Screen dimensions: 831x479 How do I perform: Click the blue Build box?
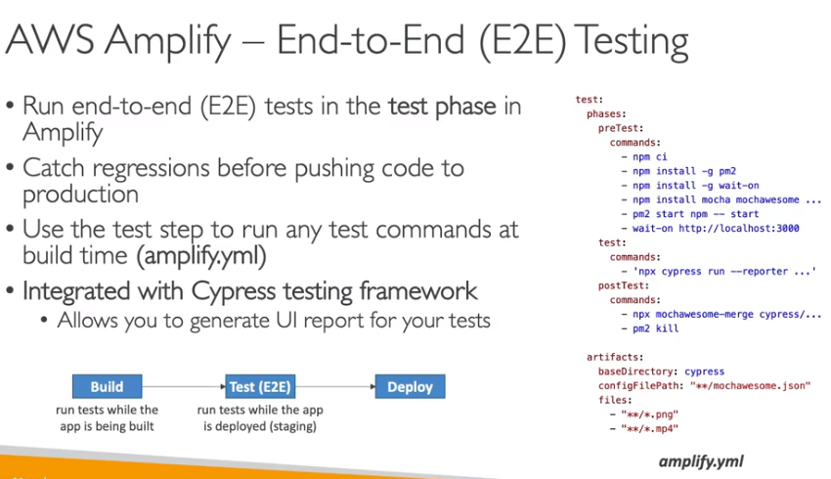[108, 386]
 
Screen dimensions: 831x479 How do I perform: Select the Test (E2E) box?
[260, 386]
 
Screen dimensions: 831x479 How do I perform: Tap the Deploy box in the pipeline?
[411, 386]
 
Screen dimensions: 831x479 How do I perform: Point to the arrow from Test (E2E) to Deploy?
[335, 386]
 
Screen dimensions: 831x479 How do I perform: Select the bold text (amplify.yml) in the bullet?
[201, 256]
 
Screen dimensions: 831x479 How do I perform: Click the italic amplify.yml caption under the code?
[701, 461]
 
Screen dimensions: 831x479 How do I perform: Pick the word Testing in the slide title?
[632, 42]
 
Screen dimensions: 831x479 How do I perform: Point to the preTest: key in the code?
[621, 128]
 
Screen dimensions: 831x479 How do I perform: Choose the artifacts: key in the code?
[615, 357]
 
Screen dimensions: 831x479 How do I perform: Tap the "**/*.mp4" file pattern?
[650, 429]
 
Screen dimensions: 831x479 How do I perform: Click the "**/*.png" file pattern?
[650, 414]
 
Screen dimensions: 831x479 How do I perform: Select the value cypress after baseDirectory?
[704, 372]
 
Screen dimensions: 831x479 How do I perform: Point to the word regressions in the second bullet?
[151, 169]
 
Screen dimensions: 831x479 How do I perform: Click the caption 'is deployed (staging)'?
[260, 426]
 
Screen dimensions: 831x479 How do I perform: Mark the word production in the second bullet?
[80, 195]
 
